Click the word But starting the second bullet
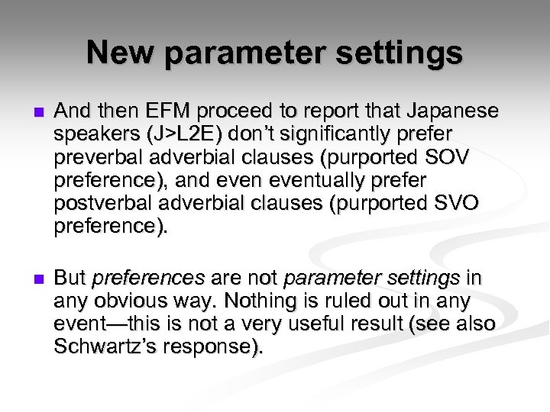tap(70, 278)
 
